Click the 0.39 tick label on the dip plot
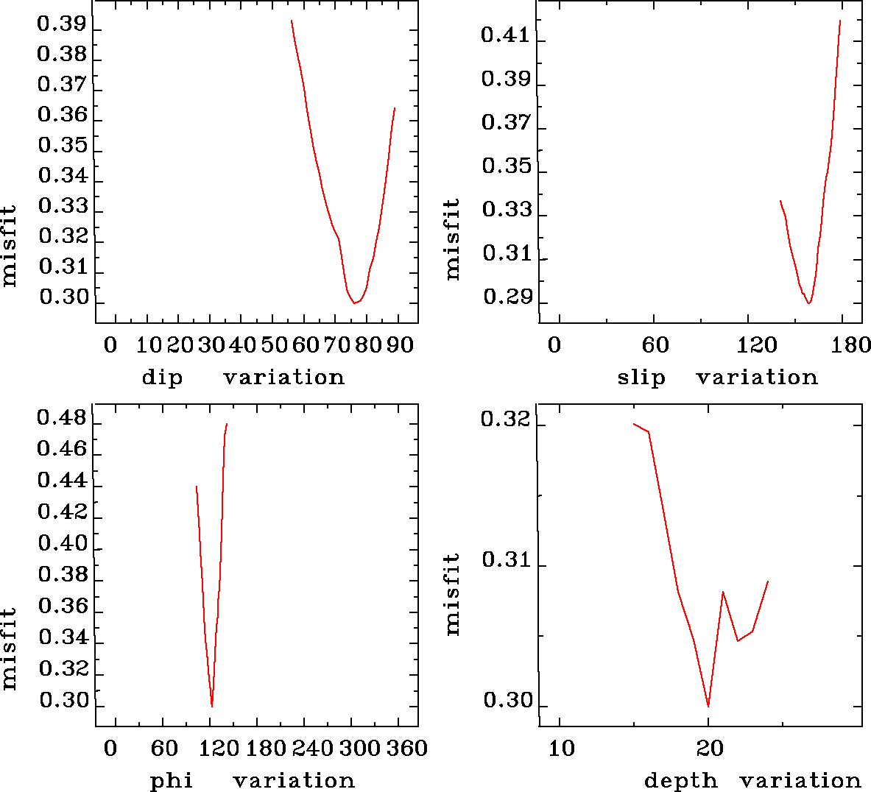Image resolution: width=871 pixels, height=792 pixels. click(62, 24)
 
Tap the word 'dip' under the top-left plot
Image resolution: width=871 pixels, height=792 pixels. click(162, 378)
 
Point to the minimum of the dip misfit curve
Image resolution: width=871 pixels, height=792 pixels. click(354, 303)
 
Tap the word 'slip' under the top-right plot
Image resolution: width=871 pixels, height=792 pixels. click(641, 378)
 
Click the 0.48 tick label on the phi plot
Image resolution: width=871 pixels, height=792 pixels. click(62, 420)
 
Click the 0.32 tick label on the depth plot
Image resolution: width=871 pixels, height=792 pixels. click(505, 420)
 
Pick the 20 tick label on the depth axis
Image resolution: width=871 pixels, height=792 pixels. click(709, 749)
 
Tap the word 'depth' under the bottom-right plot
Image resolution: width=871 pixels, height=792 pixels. click(680, 781)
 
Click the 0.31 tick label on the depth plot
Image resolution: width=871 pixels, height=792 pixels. click(506, 560)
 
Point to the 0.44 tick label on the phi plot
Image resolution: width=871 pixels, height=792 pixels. click(62, 481)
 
